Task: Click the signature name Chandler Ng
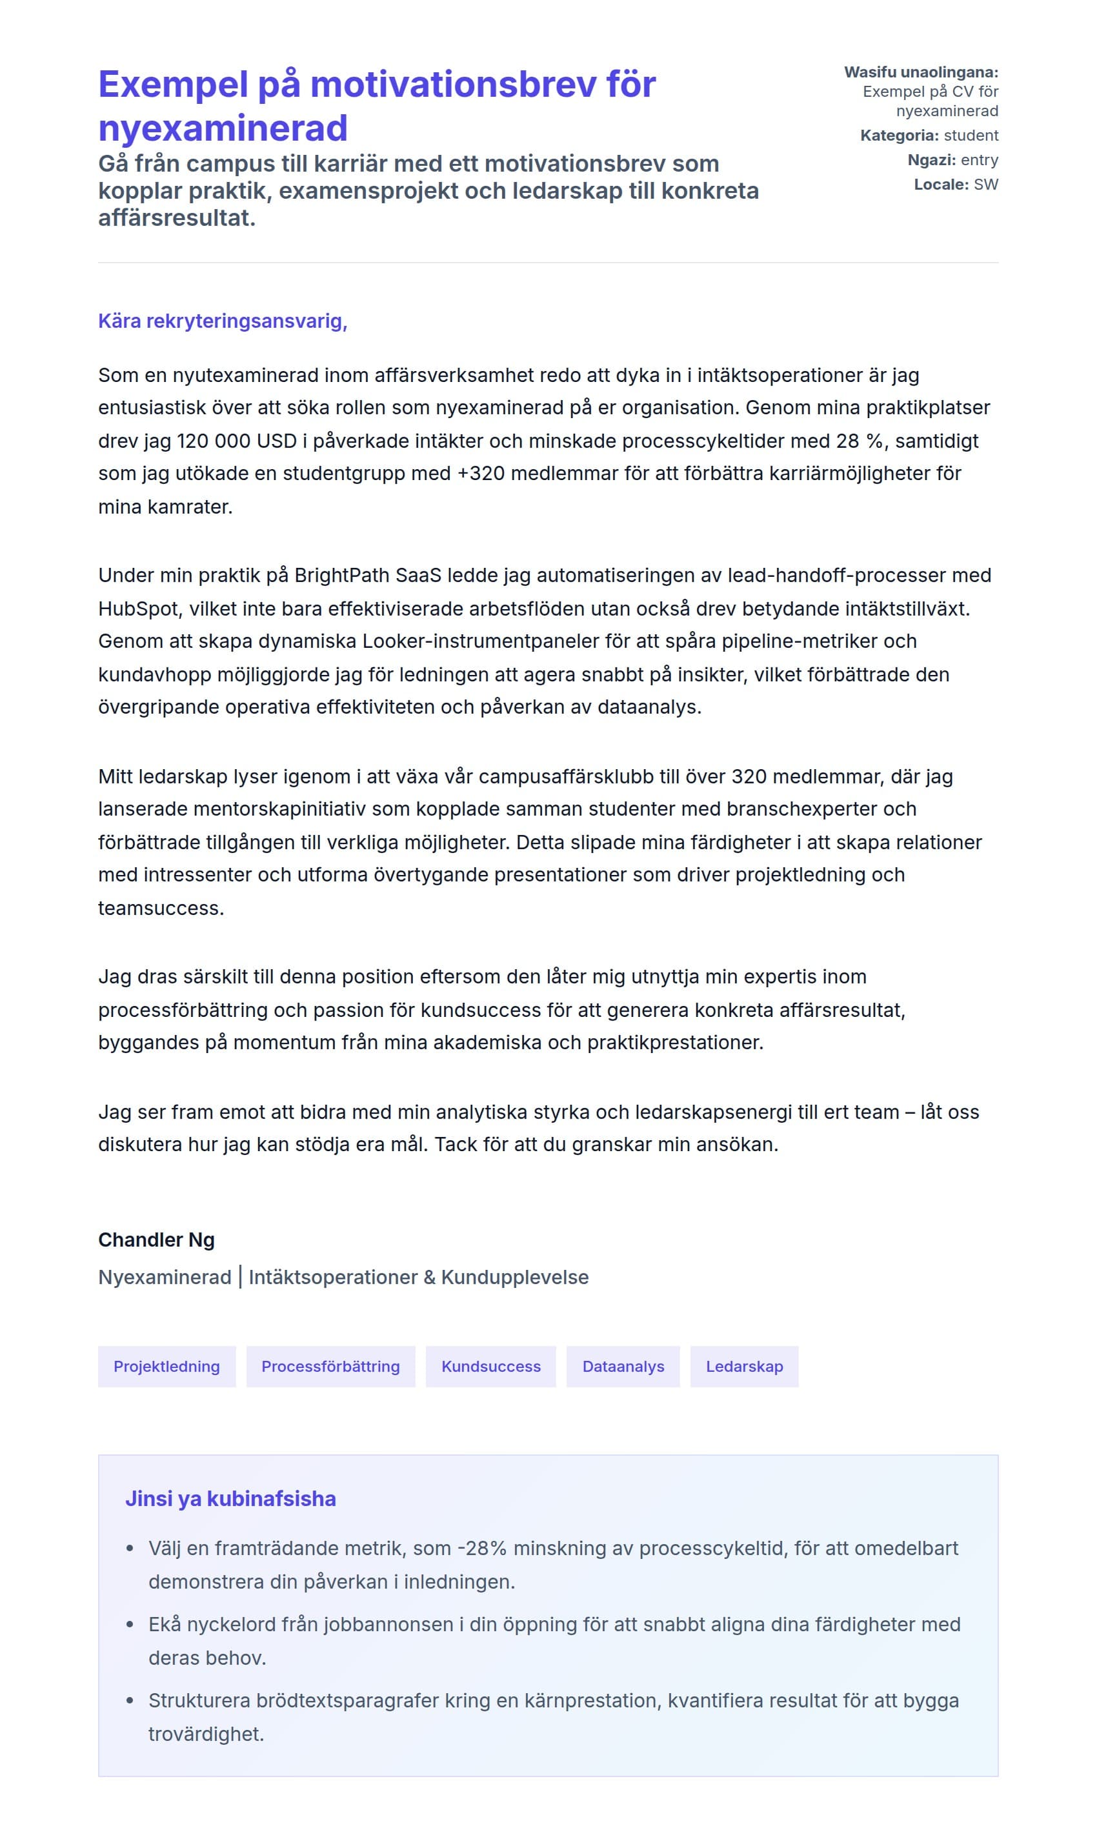click(x=156, y=1240)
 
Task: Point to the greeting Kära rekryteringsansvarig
click(x=223, y=321)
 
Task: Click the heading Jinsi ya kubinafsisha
click(x=230, y=1498)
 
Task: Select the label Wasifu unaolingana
click(x=920, y=72)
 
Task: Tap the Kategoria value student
click(x=971, y=136)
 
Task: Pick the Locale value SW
click(x=985, y=184)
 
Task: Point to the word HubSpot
click(x=138, y=608)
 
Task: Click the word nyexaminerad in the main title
click(x=223, y=128)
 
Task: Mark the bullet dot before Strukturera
click(x=130, y=1701)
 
